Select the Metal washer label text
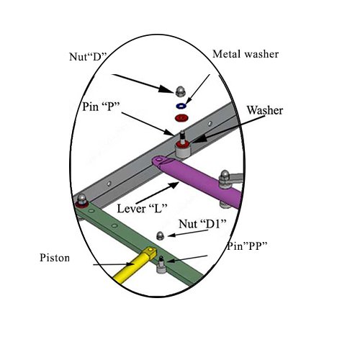tap(245, 55)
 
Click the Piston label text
tap(55, 258)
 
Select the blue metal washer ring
tap(181, 104)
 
